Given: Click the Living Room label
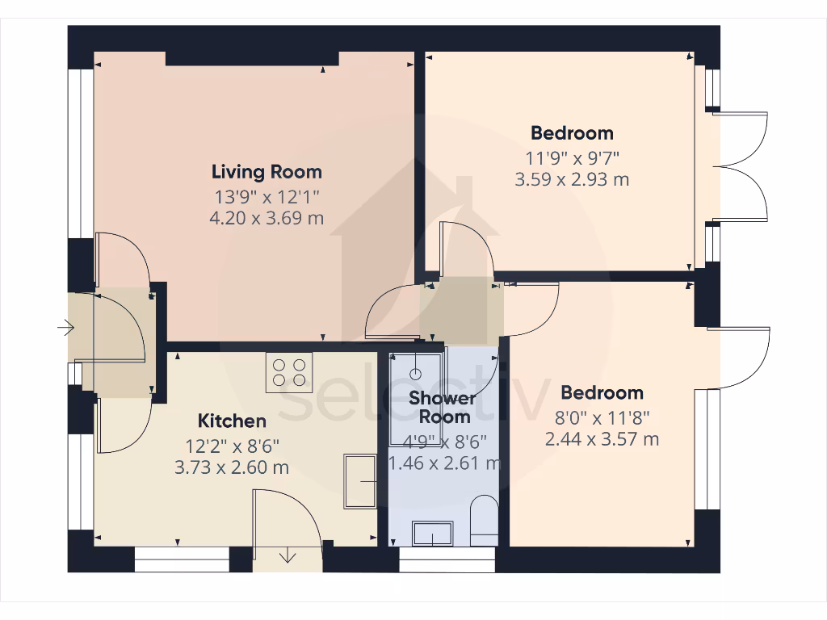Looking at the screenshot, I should [x=267, y=172].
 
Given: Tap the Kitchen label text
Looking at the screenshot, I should [x=232, y=421].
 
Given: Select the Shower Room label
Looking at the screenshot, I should [x=441, y=407].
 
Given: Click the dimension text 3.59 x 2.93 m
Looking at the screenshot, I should [x=572, y=179].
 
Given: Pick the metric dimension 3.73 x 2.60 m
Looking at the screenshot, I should [x=232, y=467].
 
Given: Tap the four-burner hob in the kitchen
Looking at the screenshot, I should [x=289, y=372].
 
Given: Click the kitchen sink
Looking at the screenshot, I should [x=360, y=482].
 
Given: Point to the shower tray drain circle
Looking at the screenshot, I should [x=415, y=374].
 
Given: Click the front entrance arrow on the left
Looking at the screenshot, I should [x=65, y=328].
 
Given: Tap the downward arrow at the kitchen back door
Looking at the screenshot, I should [x=288, y=555].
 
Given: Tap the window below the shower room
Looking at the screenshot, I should [x=447, y=560].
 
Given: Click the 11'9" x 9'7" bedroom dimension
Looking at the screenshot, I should [x=572, y=157].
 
